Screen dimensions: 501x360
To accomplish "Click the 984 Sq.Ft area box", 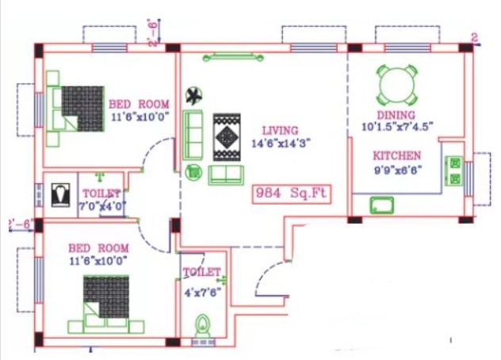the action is (292, 194).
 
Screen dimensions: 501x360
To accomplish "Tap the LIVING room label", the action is (280, 131).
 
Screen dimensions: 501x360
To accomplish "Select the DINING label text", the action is (396, 115).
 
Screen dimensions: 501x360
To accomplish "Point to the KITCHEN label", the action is (397, 155).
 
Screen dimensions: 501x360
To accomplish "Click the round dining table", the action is (397, 85).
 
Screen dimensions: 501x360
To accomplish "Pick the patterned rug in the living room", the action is (227, 137).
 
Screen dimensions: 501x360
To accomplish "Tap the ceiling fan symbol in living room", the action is (193, 96).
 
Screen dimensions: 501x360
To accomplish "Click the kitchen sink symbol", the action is (382, 205).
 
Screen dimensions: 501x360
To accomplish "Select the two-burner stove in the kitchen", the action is (454, 170).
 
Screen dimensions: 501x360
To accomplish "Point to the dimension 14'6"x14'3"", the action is (281, 143).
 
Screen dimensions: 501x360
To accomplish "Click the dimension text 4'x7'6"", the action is (203, 293).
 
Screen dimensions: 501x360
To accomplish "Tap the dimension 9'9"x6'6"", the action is (397, 170).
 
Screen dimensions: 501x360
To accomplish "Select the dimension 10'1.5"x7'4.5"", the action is (397, 127).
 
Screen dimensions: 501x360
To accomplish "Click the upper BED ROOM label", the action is (139, 104).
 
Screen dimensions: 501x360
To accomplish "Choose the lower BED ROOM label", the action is (99, 248).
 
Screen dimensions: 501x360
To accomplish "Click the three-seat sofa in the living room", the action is (193, 136).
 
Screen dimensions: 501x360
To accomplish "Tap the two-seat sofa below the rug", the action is (226, 175).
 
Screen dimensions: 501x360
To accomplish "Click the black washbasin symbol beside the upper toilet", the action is (61, 195).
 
